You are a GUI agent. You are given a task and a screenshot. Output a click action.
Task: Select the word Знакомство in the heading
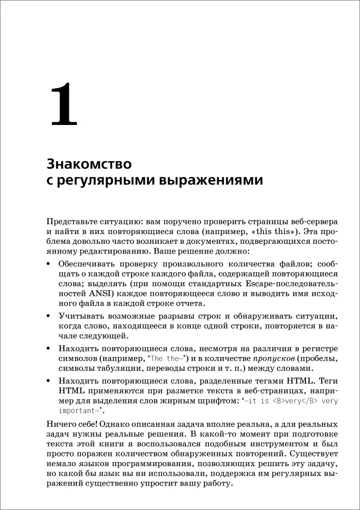(89, 164)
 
